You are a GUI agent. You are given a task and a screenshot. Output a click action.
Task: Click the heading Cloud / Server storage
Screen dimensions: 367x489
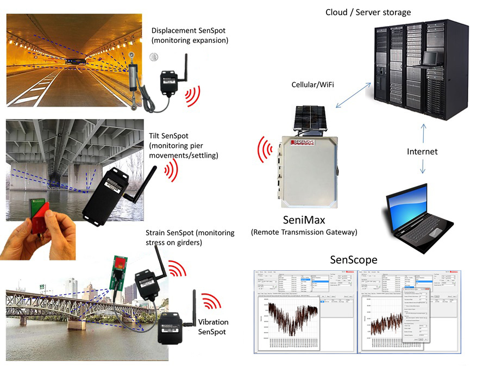pyautogui.click(x=368, y=12)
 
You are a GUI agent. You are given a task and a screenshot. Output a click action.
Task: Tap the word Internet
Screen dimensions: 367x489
pyautogui.click(x=422, y=152)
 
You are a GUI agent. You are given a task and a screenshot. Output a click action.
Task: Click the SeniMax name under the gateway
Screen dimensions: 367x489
pyautogui.click(x=304, y=221)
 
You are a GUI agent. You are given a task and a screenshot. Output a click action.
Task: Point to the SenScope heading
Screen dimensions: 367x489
pyautogui.click(x=354, y=260)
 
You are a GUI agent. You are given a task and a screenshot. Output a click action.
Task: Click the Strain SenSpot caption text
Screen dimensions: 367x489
pyautogui.click(x=190, y=237)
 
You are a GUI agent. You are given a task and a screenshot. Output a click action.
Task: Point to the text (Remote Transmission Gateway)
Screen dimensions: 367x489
pyautogui.click(x=304, y=232)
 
